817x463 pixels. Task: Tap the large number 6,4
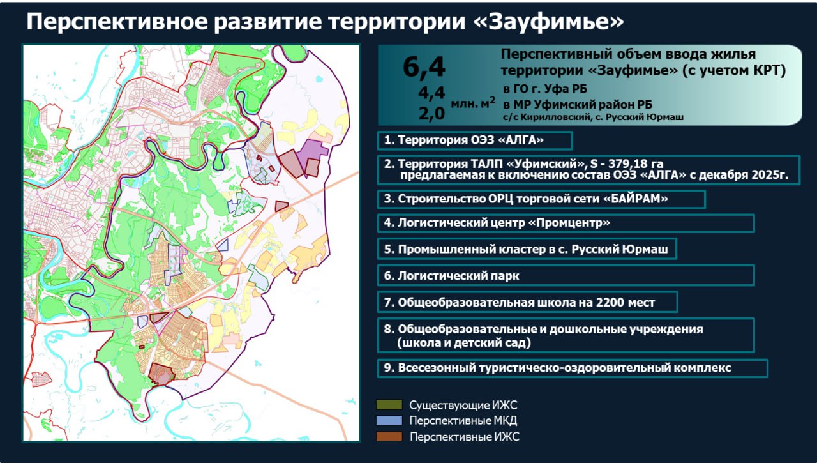(x=424, y=67)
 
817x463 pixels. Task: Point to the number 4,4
(x=431, y=93)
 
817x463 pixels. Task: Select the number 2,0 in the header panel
(x=431, y=114)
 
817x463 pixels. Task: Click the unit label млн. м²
(x=473, y=103)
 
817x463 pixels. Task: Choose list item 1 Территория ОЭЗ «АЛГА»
(x=463, y=140)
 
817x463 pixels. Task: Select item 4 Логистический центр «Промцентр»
(x=497, y=223)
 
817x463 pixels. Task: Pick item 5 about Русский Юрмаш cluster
(x=525, y=249)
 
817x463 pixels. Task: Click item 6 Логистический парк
(x=451, y=276)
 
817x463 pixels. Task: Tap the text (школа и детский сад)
(x=464, y=343)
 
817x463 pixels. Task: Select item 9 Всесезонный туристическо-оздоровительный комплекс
(x=557, y=368)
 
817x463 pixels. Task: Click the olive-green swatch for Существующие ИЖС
(x=389, y=405)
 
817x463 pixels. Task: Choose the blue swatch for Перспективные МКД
(x=389, y=420)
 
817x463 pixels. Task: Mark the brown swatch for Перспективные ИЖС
(x=389, y=436)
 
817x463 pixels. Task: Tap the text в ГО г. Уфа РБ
(x=545, y=89)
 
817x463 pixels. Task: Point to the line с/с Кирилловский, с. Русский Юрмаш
(x=593, y=117)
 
